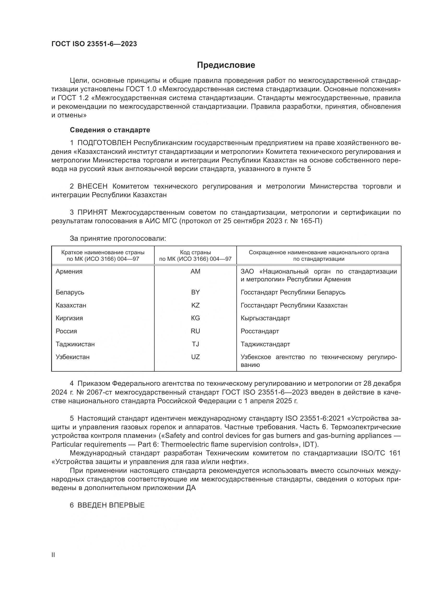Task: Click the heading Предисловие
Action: click(226, 65)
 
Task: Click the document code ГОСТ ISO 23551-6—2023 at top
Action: click(94, 44)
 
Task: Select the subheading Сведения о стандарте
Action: click(110, 130)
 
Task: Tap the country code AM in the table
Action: click(195, 271)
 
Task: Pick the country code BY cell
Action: click(195, 292)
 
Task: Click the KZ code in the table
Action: click(195, 305)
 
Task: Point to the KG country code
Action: click(195, 318)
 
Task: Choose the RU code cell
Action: click(195, 331)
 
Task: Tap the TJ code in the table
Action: click(195, 344)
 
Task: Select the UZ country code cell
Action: click(195, 357)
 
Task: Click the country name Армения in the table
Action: click(69, 271)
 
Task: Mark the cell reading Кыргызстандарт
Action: click(265, 318)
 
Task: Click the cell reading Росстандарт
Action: click(260, 331)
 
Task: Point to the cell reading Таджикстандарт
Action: click(265, 344)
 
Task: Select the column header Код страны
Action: click(195, 252)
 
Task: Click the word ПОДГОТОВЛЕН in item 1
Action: click(104, 143)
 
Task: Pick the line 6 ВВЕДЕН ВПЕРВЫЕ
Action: click(107, 505)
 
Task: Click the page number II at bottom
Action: click(53, 555)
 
